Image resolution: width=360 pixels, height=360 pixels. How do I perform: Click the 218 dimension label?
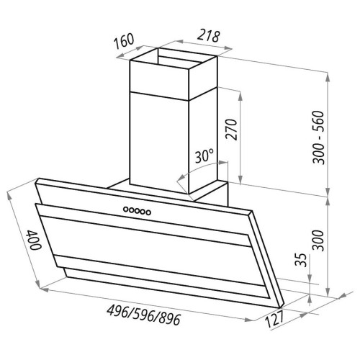click(209, 36)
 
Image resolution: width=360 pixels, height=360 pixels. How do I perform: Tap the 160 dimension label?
click(124, 41)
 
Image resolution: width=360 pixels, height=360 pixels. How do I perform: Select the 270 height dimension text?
click(232, 129)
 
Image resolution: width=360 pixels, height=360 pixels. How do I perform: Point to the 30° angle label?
click(204, 156)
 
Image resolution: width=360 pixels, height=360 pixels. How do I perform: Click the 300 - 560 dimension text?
click(318, 138)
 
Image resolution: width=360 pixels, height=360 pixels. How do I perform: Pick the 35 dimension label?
click(301, 260)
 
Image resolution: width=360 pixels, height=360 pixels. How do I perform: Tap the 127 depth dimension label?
click(274, 319)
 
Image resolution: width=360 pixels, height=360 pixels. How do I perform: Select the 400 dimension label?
click(34, 240)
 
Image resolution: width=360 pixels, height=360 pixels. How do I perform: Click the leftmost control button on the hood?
click(126, 210)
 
